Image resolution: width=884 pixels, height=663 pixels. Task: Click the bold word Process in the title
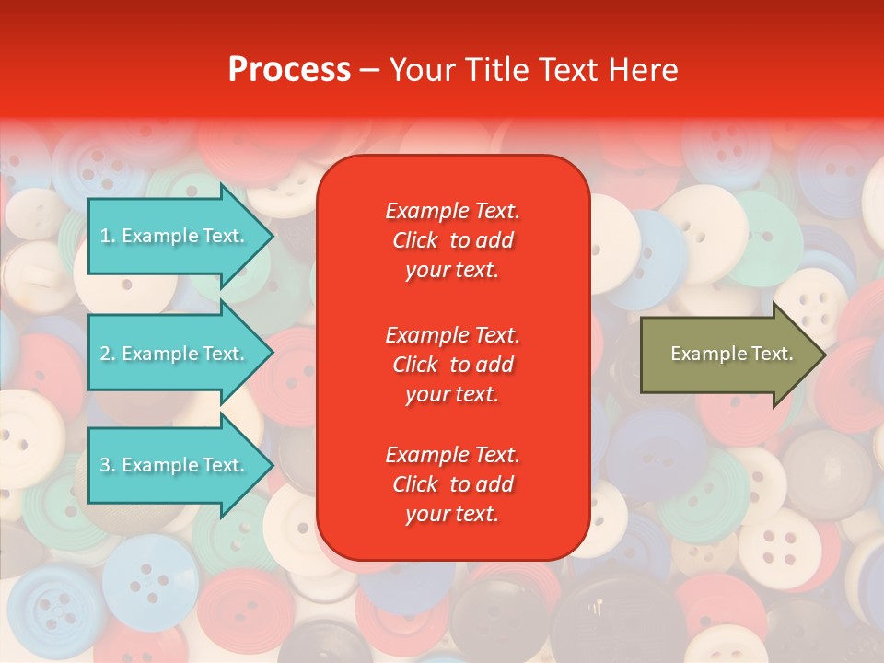(x=289, y=70)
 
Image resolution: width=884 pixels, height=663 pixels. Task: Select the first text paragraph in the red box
(x=452, y=240)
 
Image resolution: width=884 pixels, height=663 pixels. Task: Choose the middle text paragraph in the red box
(x=452, y=365)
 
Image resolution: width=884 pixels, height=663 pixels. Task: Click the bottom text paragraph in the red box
(x=452, y=484)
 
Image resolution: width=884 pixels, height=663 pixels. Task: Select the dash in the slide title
(x=370, y=71)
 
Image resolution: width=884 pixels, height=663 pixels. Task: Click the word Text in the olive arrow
(x=773, y=354)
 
